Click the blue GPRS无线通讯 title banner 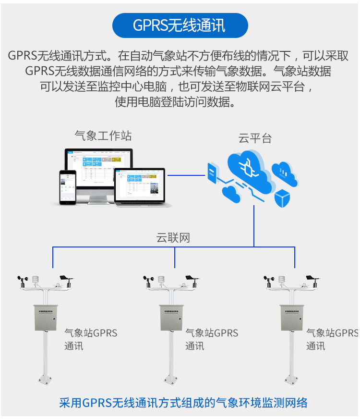180,25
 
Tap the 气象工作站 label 103,136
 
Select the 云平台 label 255,139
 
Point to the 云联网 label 173,237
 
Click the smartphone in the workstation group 68,187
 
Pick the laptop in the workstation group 143,188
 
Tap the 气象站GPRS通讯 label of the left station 90,339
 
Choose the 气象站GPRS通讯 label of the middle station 211,339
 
